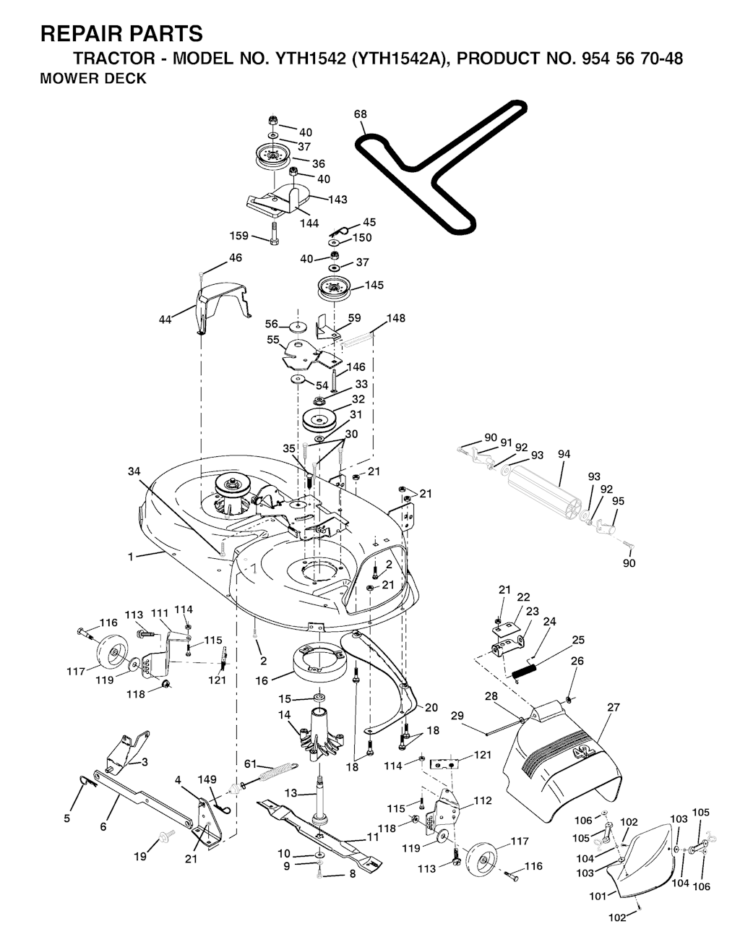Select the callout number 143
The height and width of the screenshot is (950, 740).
coord(337,200)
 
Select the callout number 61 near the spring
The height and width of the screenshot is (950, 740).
coord(250,763)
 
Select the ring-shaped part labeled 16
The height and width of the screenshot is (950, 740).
coord(319,662)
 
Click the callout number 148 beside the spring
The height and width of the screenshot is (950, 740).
coord(396,318)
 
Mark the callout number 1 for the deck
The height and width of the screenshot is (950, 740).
coord(131,557)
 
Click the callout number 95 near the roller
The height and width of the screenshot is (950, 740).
coord(618,501)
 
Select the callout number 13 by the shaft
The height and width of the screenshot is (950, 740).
coord(291,793)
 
